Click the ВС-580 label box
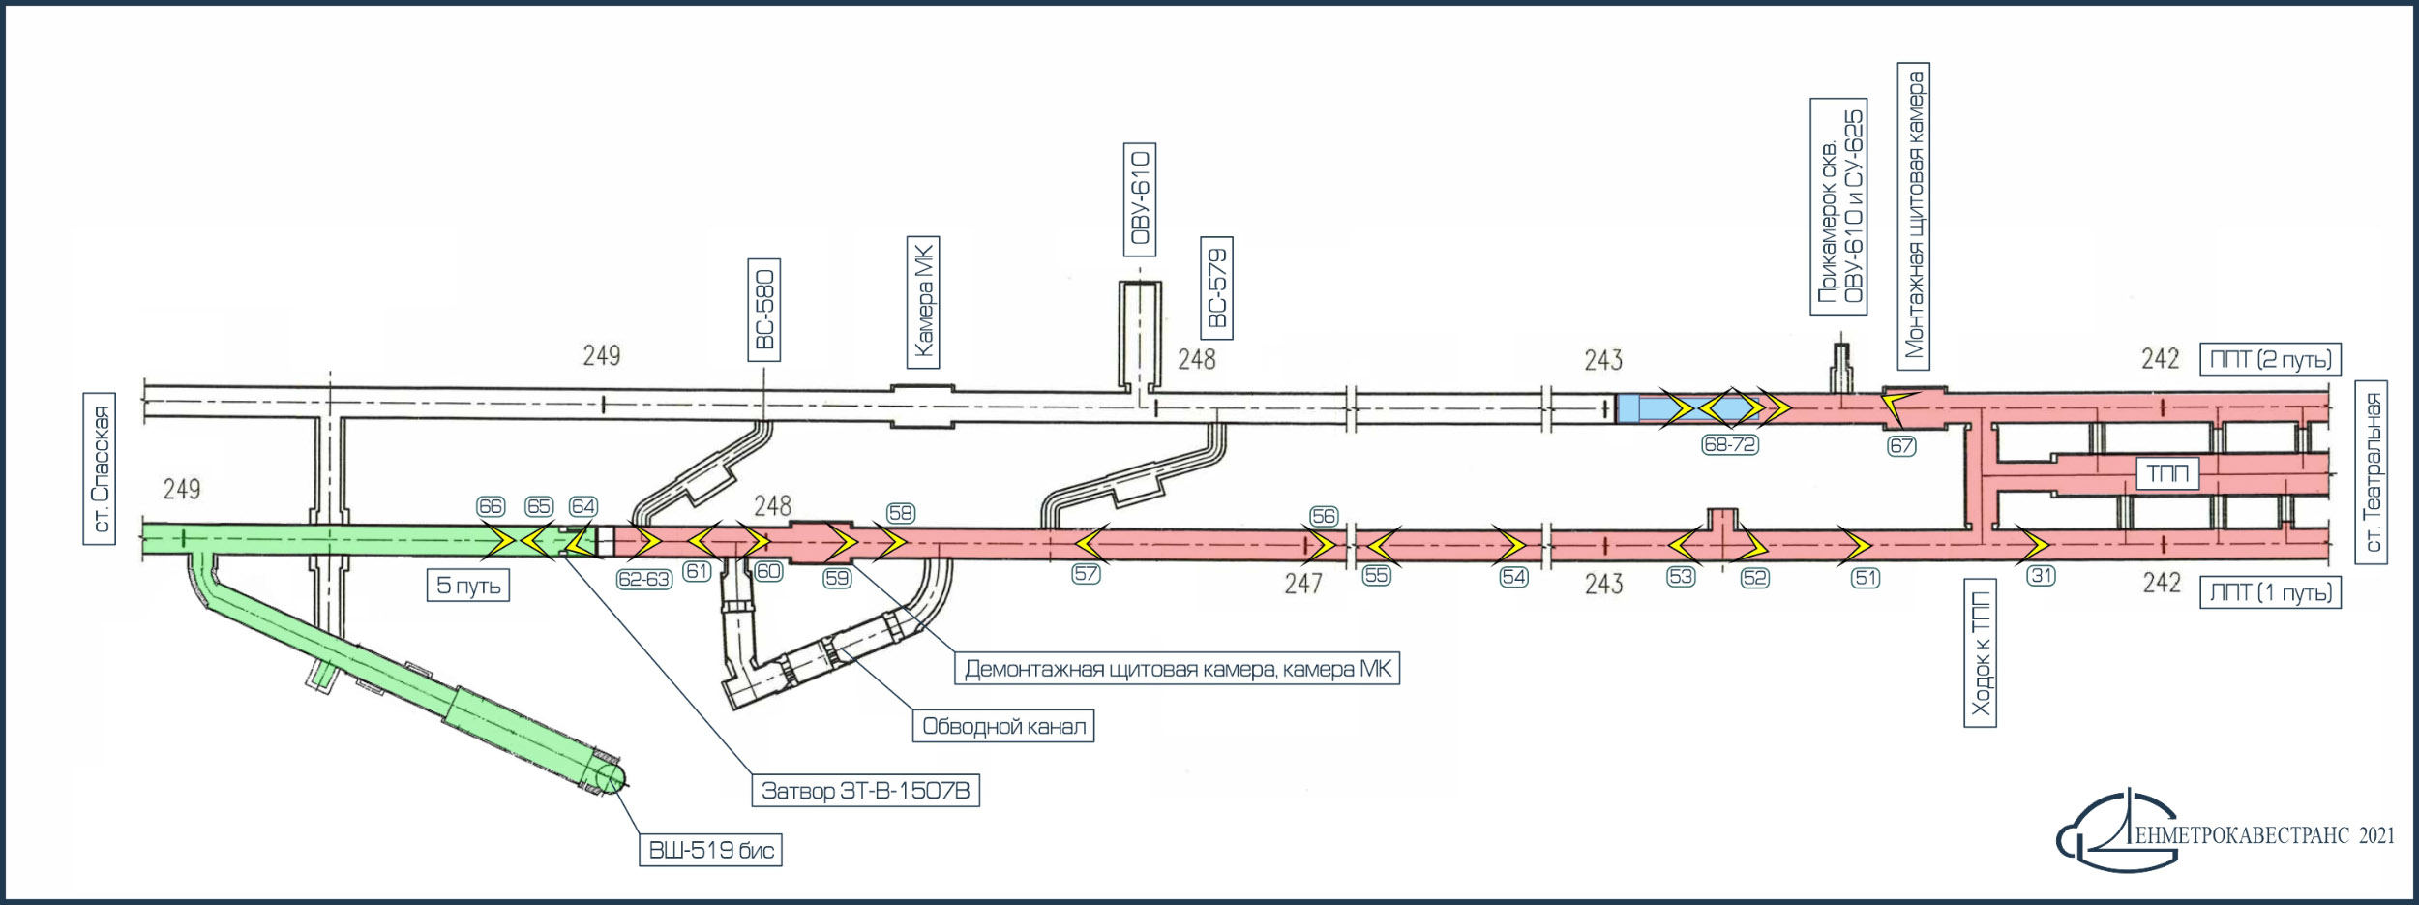763,310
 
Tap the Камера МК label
923,302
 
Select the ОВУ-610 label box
1140,199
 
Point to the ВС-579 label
1216,287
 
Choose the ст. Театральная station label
2372,472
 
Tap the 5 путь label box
468,585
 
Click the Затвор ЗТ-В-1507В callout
865,791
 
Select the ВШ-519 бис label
710,850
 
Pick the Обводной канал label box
1003,726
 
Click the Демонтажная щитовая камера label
1177,669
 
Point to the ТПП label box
2167,473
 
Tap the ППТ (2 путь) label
2270,359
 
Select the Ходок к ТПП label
1981,653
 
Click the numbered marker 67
1901,446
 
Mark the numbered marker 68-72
1730,444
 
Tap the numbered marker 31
2041,576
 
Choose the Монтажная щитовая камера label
1914,216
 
